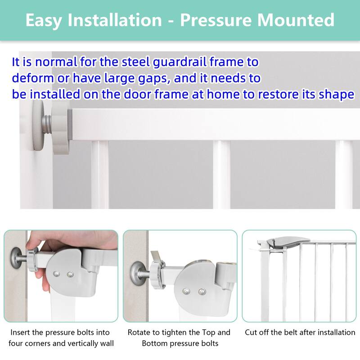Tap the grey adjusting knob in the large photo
click(61, 128)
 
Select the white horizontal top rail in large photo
click(216, 124)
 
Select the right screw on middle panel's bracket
click(201, 292)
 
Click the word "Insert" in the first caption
click(21, 333)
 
